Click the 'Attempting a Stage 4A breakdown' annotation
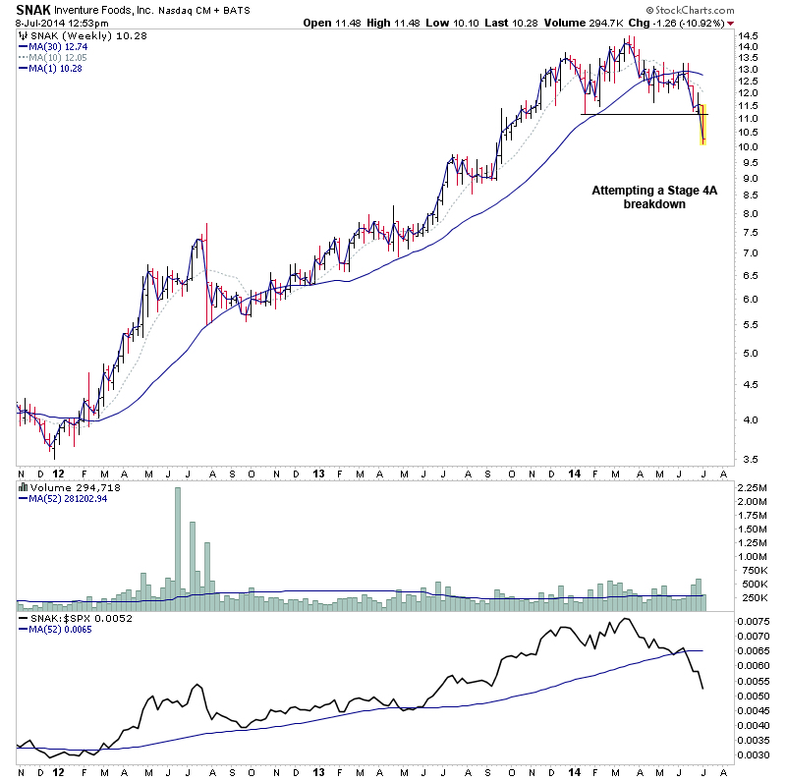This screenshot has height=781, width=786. click(641, 196)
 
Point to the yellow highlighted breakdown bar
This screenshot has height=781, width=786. click(703, 125)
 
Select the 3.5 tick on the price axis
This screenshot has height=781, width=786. click(747, 459)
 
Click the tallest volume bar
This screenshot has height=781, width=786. click(178, 540)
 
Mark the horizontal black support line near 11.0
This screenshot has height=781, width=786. click(639, 115)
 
